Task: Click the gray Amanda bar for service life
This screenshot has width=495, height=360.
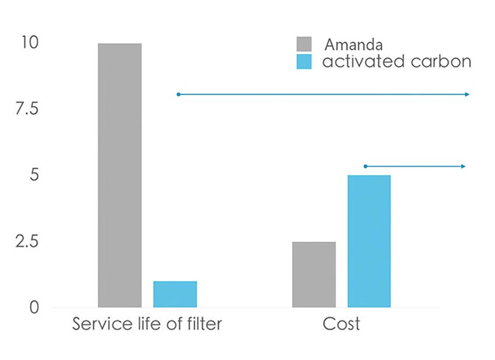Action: [119, 175]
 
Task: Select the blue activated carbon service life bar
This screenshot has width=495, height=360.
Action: [175, 294]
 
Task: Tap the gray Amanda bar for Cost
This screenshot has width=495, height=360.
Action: [314, 274]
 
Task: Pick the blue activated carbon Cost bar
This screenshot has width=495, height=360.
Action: [369, 241]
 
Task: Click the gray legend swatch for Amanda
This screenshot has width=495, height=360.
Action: [304, 44]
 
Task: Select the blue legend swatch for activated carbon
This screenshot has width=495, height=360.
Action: [304, 62]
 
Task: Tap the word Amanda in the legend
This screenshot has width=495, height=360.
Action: [353, 44]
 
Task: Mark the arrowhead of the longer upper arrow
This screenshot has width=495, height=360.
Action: [467, 94]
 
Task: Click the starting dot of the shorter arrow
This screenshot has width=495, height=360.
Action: [365, 167]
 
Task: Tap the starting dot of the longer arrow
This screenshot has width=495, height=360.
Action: [178, 94]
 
